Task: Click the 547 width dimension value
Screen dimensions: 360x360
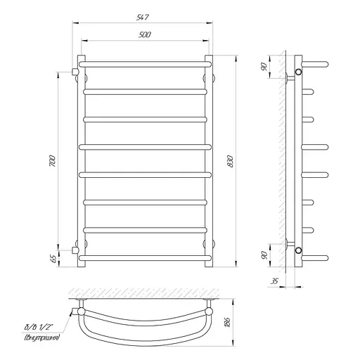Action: click(x=143, y=18)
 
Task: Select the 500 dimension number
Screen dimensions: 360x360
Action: click(x=145, y=34)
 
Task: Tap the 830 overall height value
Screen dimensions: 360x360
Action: click(x=231, y=161)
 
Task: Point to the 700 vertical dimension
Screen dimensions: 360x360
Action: click(x=53, y=161)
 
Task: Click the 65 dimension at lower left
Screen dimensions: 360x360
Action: click(x=53, y=259)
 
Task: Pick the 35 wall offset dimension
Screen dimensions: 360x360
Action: click(x=274, y=281)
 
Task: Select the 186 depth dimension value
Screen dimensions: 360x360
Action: click(x=227, y=322)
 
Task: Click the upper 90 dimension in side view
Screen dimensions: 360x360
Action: click(x=264, y=67)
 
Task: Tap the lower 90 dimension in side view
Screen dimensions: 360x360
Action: click(x=264, y=255)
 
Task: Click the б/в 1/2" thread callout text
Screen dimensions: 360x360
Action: click(x=39, y=327)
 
